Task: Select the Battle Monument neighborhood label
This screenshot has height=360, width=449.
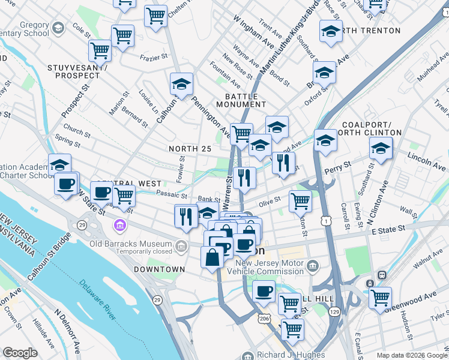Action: pyautogui.click(x=242, y=100)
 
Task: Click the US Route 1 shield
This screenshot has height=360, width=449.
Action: pyautogui.click(x=325, y=221)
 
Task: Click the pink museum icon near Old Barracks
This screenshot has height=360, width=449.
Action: pyautogui.click(x=119, y=226)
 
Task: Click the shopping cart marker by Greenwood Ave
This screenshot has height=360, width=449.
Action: pyautogui.click(x=380, y=297)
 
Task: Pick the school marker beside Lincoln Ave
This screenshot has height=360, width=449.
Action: pyautogui.click(x=381, y=148)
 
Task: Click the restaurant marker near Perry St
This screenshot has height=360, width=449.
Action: pyautogui.click(x=283, y=163)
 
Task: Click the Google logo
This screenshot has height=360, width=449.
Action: pyautogui.click(x=20, y=353)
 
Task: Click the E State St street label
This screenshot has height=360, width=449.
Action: pyautogui.click(x=392, y=230)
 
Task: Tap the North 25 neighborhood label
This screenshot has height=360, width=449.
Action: pyautogui.click(x=190, y=148)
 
